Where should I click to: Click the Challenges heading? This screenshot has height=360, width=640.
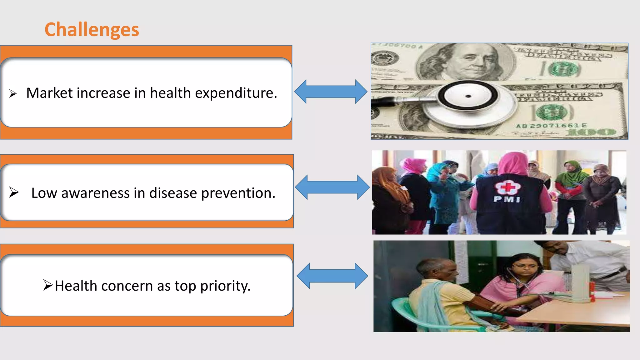(92, 30)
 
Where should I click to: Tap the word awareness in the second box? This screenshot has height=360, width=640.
(95, 193)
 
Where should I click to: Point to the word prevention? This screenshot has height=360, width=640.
(238, 193)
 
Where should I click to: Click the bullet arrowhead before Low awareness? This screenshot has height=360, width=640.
(14, 192)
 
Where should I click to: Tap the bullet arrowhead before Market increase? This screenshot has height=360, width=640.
(13, 93)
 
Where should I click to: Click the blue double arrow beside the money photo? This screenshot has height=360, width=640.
(331, 92)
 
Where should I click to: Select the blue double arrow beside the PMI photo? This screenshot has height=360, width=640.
(332, 187)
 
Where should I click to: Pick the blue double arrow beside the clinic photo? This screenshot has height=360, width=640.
(332, 276)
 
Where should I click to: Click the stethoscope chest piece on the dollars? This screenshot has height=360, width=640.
(468, 96)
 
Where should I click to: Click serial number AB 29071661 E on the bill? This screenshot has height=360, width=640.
(551, 126)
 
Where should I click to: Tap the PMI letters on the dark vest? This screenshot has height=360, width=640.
(507, 199)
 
